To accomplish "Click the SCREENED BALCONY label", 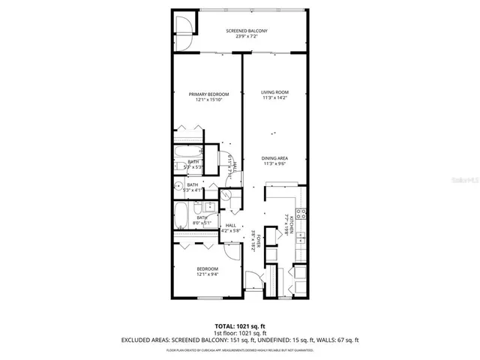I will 247,31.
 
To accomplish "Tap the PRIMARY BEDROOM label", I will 208,94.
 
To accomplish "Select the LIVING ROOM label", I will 274,92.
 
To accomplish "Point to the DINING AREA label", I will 274,157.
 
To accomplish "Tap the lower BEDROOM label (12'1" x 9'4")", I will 207,268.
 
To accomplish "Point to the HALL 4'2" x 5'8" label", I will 230,228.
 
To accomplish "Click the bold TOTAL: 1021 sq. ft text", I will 239,326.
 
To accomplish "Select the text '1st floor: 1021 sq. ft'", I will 239,333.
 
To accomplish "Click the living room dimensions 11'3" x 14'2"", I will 274,98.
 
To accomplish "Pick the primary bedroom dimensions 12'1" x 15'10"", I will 208,100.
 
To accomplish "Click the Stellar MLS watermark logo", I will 460,181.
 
